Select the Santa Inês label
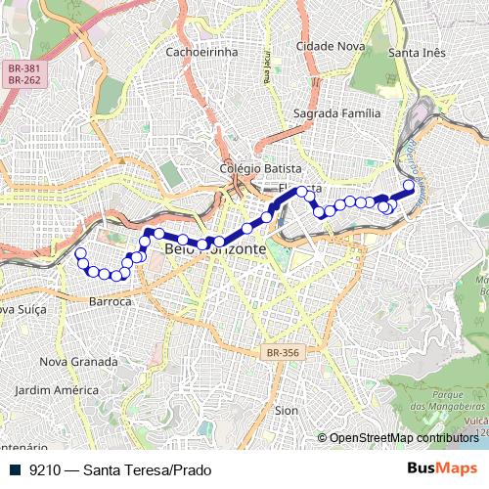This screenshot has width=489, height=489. point(418,51)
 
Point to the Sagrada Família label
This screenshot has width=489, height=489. point(337,113)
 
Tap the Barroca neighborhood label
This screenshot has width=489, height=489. point(110,301)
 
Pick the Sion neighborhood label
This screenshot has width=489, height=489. point(287,411)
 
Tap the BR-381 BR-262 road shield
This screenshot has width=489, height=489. point(22,74)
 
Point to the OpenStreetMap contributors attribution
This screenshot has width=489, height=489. point(402,438)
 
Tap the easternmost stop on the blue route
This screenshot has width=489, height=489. point(409,185)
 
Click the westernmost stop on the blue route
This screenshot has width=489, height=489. point(80,254)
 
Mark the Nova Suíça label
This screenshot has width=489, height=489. point(20,310)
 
